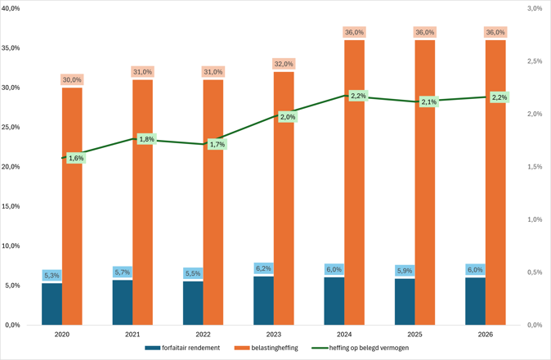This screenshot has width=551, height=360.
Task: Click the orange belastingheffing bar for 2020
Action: pyautogui.click(x=72, y=205)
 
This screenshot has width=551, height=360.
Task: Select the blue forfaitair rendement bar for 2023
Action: pyautogui.click(x=263, y=300)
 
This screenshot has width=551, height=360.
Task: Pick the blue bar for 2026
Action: pyautogui.click(x=475, y=301)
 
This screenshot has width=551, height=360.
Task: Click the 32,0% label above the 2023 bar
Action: pyautogui.click(x=284, y=64)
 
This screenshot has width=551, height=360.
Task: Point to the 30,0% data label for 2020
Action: pyautogui.click(x=72, y=79)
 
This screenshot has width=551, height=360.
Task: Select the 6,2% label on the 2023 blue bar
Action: pyautogui.click(x=263, y=268)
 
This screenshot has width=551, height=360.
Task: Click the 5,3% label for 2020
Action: pyautogui.click(x=52, y=275)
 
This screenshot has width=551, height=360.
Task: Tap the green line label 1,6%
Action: pyautogui.click(x=76, y=158)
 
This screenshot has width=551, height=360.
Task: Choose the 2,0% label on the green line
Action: pyautogui.click(x=288, y=117)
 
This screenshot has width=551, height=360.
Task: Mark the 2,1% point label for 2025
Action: pyautogui.click(x=429, y=102)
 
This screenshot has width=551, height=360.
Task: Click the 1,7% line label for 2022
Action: pyautogui.click(x=217, y=144)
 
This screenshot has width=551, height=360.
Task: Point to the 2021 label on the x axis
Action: pyautogui.click(x=132, y=334)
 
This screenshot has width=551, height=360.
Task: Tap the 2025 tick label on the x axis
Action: pyautogui.click(x=414, y=334)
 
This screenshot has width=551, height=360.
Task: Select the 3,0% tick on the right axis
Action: pyautogui.click(x=535, y=8)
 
